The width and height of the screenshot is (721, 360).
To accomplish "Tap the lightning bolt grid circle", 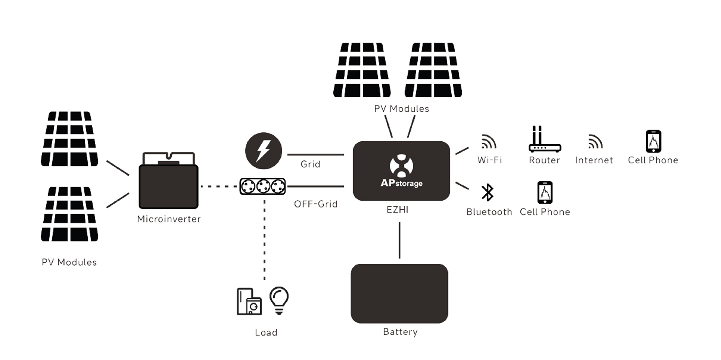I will click(x=264, y=151).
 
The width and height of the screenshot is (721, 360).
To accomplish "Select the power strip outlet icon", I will click(x=263, y=186).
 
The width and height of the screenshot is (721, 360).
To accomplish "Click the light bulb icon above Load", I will click(x=279, y=300).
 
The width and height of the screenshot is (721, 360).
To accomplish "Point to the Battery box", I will click(x=399, y=293).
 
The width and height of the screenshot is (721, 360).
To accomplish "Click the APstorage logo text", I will click(x=401, y=183).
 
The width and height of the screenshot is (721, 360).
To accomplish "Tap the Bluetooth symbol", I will click(x=487, y=193).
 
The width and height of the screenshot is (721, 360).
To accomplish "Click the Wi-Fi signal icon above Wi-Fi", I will click(x=489, y=141).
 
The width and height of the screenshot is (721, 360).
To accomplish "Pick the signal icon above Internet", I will click(x=595, y=141).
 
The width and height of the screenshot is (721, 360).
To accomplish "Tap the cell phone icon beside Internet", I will click(x=653, y=141).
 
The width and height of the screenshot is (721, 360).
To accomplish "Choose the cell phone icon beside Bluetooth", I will click(x=545, y=193).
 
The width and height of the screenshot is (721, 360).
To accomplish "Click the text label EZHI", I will click(x=397, y=210).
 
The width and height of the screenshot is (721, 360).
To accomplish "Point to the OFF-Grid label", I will click(x=315, y=204).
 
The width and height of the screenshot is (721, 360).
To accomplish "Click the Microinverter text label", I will click(x=169, y=219).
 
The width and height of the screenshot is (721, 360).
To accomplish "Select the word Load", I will click(x=266, y=332).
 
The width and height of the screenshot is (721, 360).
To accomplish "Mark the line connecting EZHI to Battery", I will click(x=399, y=240).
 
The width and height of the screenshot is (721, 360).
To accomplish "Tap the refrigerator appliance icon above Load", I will click(x=249, y=302).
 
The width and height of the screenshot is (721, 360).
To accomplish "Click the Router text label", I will click(x=544, y=160).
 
